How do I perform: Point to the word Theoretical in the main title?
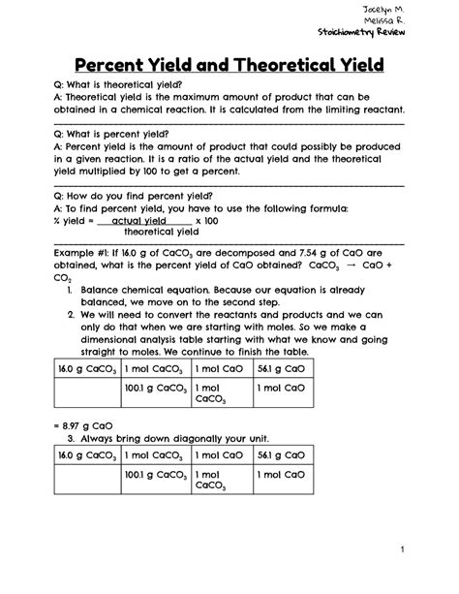(283, 67)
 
